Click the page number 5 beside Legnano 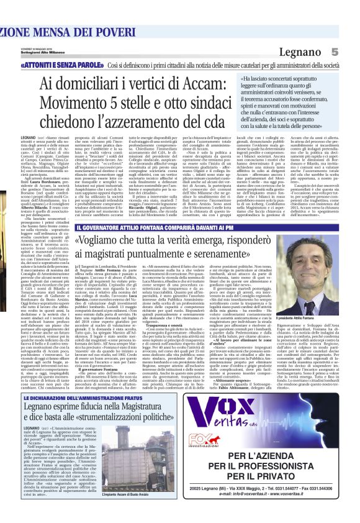(x=351, y=52)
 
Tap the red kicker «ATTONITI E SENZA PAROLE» (x=70, y=65)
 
